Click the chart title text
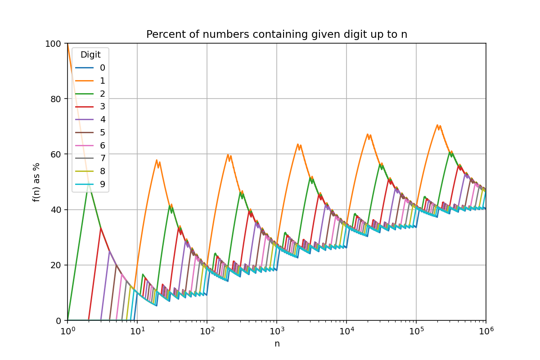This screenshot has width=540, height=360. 277,35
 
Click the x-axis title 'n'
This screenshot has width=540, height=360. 277,344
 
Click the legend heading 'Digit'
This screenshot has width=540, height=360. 90,55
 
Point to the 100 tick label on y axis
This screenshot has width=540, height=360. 54,44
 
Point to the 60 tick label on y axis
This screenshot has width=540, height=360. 56,154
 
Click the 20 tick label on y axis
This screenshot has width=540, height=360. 56,265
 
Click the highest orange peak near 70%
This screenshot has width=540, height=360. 437,125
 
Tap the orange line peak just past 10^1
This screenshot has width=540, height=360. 157,160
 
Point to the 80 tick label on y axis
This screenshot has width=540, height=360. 56,99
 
